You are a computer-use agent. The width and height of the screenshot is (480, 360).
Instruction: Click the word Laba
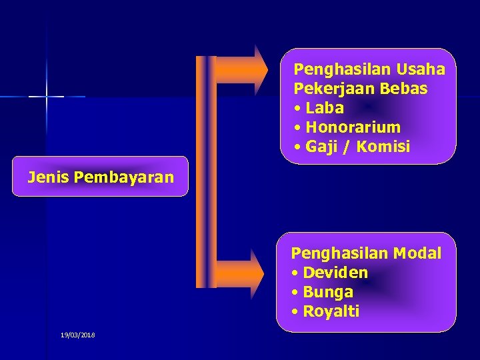[325, 108]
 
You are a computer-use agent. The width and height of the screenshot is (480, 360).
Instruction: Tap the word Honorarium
[353, 127]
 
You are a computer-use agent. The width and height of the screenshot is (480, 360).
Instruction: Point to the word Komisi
[383, 147]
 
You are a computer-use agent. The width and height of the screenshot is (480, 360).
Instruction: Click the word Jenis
[49, 177]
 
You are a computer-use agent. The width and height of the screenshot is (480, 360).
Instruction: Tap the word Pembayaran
[124, 177]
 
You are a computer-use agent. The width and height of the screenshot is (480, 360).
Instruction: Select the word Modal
[417, 253]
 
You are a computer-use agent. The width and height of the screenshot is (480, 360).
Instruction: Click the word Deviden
[335, 273]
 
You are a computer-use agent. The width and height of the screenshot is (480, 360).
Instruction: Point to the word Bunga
[328, 292]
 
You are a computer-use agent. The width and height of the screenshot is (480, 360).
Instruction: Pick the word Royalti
[331, 311]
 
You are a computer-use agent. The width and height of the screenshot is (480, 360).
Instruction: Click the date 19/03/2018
[78, 335]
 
